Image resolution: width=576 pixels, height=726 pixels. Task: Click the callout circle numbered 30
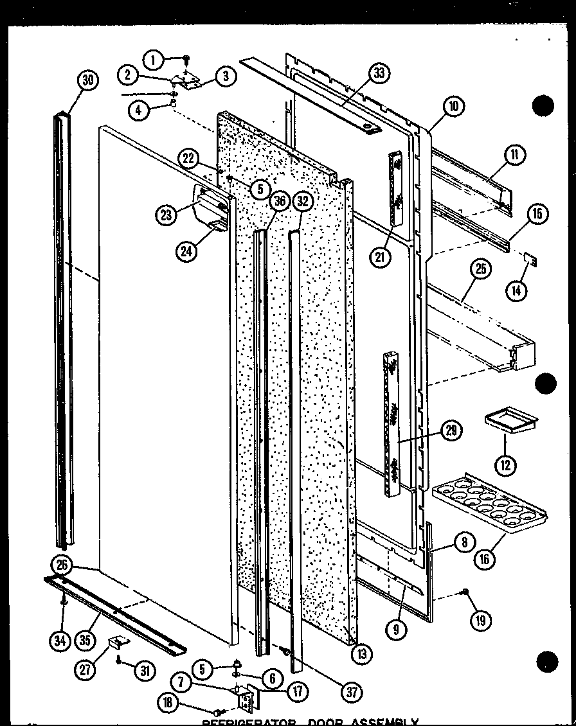[x=88, y=80]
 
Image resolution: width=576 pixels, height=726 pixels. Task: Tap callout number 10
[x=453, y=107]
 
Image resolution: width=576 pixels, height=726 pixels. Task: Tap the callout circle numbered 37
[x=352, y=692]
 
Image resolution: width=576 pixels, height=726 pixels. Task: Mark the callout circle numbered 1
[x=154, y=61]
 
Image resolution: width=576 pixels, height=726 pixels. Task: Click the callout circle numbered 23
[x=167, y=215]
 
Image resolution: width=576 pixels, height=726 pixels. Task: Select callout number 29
[x=452, y=430]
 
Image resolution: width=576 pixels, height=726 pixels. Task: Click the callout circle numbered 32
[x=304, y=202]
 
